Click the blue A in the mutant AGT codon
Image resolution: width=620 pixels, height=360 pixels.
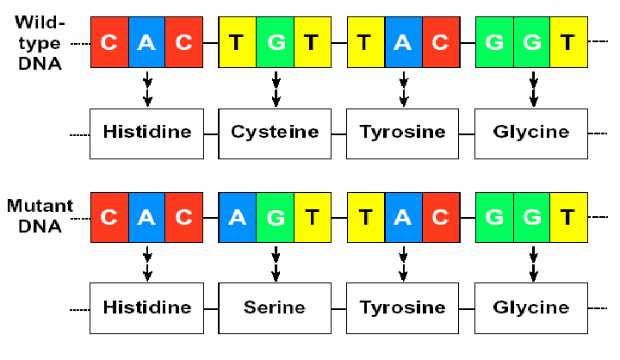(238, 216)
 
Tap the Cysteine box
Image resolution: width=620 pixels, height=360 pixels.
(275, 133)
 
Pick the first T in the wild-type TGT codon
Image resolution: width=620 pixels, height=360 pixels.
(238, 41)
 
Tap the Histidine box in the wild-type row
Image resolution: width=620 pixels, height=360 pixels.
(147, 133)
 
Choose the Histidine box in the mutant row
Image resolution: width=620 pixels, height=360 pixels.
(147, 307)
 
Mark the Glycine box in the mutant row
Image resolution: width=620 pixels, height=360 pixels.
(530, 307)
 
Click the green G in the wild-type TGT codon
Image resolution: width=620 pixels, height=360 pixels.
(276, 41)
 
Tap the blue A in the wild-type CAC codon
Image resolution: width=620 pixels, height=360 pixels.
(147, 41)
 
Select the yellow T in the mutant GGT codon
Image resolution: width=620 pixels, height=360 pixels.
(567, 216)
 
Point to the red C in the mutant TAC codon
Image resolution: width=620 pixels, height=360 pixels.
(440, 216)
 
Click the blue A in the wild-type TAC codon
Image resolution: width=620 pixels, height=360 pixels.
(403, 41)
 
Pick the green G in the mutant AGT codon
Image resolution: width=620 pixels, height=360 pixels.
(276, 216)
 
